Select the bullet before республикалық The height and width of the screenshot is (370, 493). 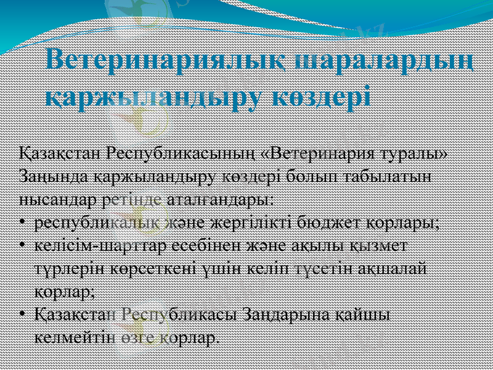22,223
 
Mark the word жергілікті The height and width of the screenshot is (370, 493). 250,223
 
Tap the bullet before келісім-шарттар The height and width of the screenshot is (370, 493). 22,247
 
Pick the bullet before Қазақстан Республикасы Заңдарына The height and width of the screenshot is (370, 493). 22,314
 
